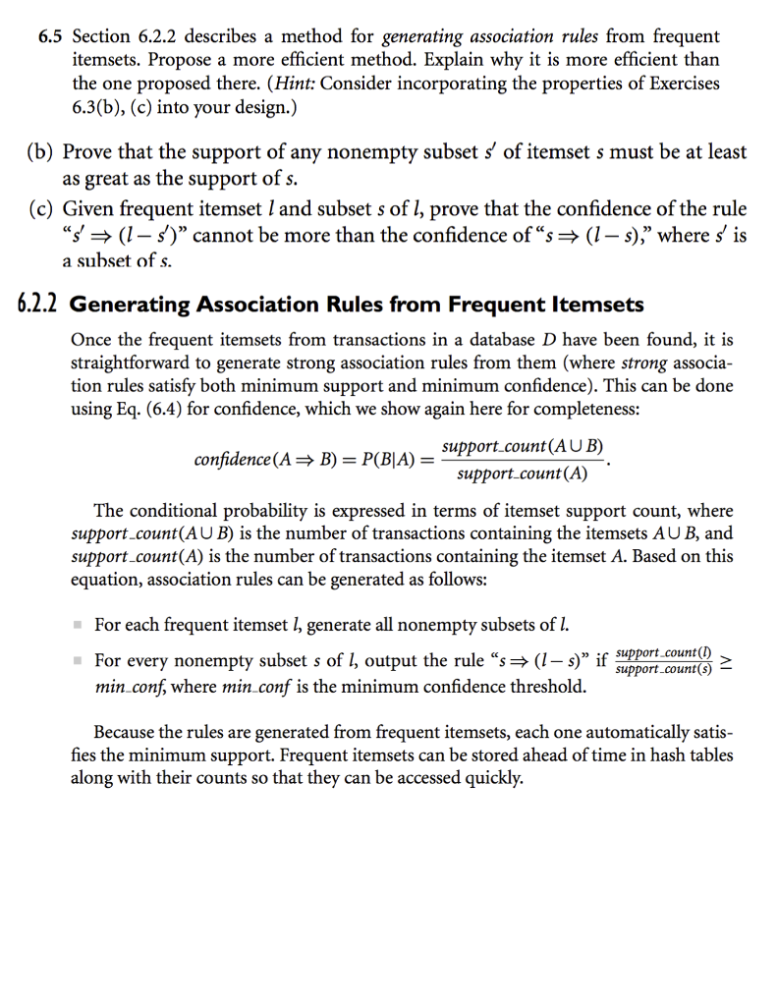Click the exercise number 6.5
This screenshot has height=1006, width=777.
(x=50, y=37)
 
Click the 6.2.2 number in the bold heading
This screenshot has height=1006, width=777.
(x=35, y=305)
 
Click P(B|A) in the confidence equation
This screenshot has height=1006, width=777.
(x=382, y=461)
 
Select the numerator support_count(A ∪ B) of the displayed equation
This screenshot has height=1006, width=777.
(x=522, y=448)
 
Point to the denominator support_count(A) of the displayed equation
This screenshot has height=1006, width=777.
(x=523, y=475)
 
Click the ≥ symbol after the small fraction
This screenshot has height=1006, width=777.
(x=727, y=663)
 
